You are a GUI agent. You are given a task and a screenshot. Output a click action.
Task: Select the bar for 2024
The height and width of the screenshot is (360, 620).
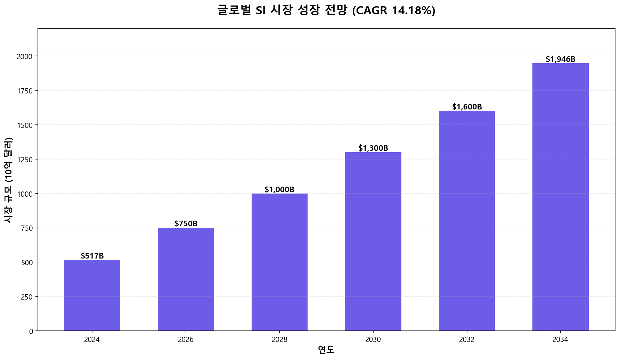pyautogui.click(x=92, y=295)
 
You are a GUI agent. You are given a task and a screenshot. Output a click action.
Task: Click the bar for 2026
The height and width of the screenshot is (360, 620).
pyautogui.click(x=186, y=279)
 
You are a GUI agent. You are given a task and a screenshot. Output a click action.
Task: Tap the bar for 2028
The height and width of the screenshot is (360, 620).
pyautogui.click(x=279, y=262)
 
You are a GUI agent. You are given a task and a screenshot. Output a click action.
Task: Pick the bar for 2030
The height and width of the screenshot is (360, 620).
pyautogui.click(x=373, y=242)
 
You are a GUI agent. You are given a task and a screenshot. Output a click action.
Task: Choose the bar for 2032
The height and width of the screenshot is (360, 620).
pyautogui.click(x=467, y=221)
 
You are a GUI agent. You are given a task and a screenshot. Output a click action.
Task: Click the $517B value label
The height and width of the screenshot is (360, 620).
pyautogui.click(x=92, y=256)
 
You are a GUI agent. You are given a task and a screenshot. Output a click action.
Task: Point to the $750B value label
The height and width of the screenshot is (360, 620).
pyautogui.click(x=186, y=224)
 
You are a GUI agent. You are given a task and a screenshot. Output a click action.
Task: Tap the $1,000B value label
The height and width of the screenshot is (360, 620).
pyautogui.click(x=279, y=190)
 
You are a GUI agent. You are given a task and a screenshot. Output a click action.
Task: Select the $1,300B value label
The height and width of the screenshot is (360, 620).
pyautogui.click(x=373, y=148)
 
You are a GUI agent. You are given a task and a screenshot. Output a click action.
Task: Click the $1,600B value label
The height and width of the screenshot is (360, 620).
pyautogui.click(x=467, y=107)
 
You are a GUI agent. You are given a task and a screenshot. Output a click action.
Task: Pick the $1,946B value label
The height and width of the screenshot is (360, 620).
pyautogui.click(x=561, y=59)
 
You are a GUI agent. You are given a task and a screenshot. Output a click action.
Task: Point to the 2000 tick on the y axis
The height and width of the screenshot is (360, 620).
pyautogui.click(x=25, y=57)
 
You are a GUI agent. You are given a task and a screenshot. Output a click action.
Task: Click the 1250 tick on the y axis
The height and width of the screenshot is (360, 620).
pyautogui.click(x=25, y=159)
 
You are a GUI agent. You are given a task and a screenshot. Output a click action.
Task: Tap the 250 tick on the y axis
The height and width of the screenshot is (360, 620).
pyautogui.click(x=27, y=297)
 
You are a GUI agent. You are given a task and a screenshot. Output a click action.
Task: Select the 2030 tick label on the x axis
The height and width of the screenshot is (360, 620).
pyautogui.click(x=373, y=340)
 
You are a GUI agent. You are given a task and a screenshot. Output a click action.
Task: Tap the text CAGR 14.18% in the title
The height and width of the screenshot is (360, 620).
pyautogui.click(x=394, y=11)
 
